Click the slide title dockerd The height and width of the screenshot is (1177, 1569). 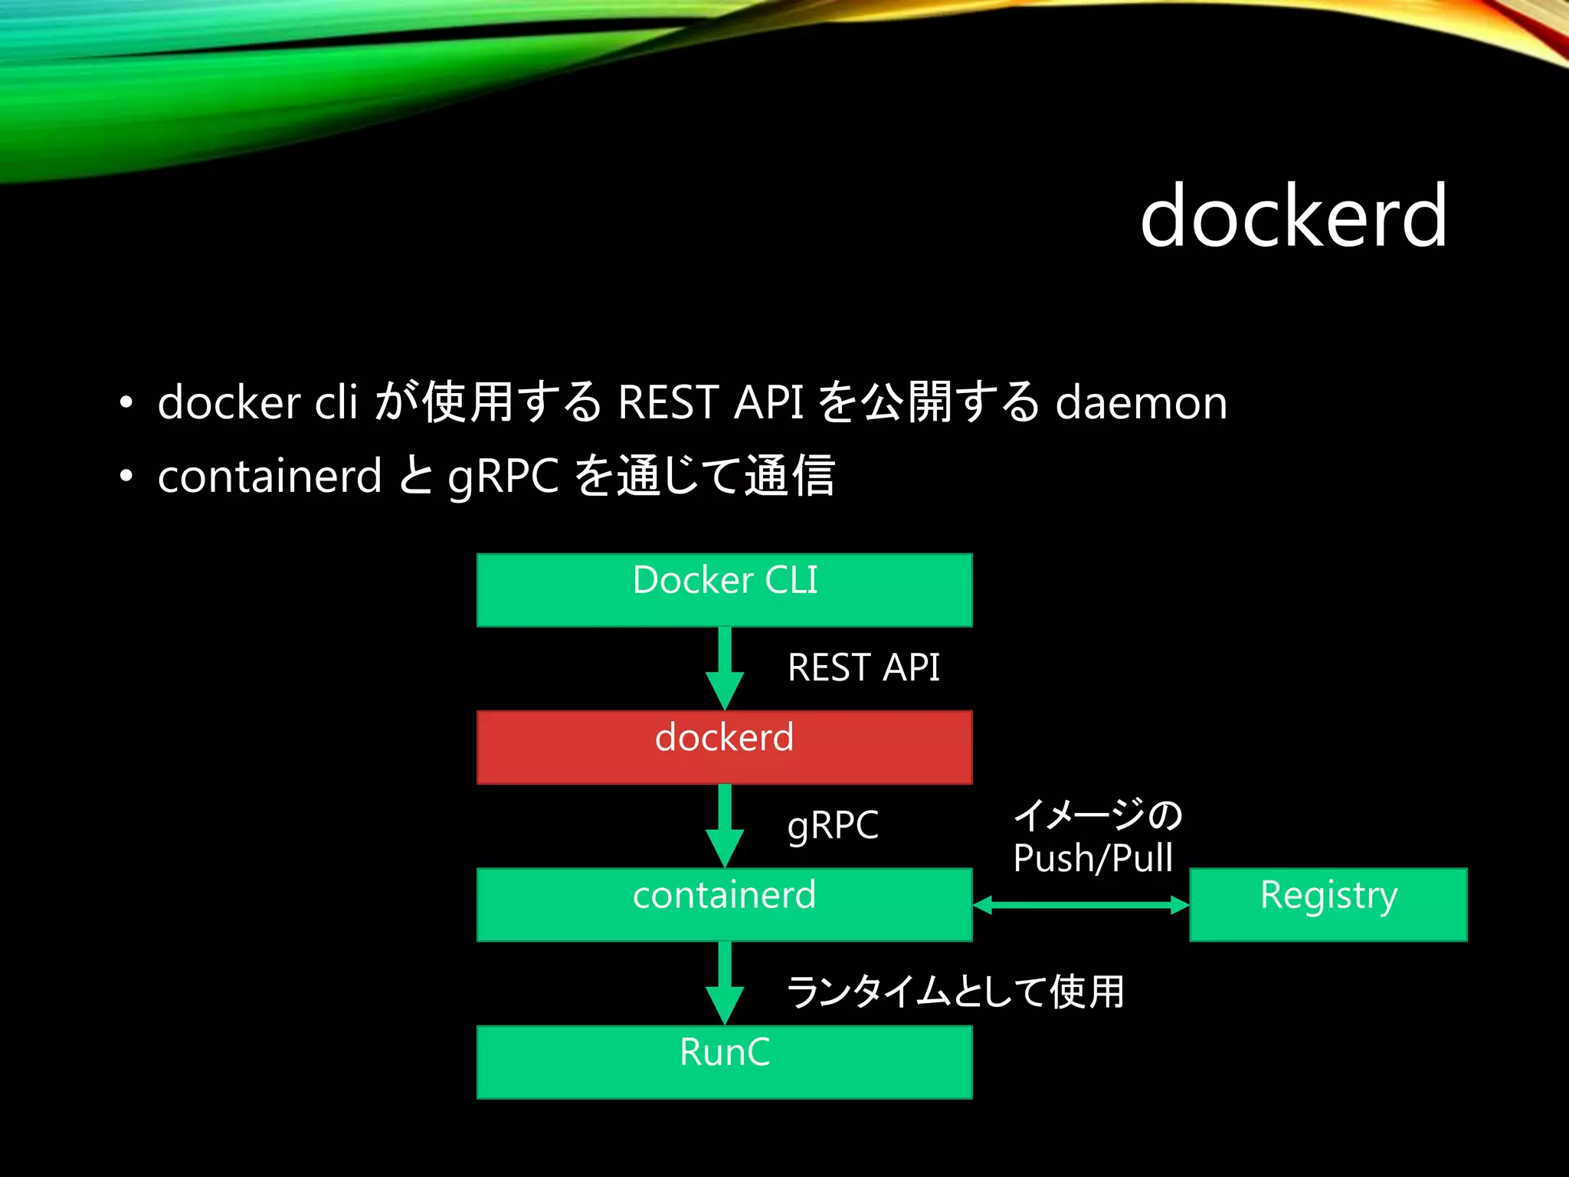1293,217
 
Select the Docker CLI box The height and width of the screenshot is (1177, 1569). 724,590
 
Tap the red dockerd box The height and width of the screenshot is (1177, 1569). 724,747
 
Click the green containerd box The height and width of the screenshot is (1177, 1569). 724,904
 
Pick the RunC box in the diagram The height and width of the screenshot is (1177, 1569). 724,1061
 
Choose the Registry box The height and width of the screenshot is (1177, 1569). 1328,904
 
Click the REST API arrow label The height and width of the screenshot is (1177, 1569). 863,667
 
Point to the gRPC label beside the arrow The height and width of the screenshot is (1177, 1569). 833,825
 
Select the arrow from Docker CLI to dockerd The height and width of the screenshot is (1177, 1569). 725,667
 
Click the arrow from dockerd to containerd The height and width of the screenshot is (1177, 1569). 725,825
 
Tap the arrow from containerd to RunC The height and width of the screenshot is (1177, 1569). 725,982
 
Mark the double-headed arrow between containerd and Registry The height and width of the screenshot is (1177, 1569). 1080,906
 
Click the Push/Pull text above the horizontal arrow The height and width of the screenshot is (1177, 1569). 1092,858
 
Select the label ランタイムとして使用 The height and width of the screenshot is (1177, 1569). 955,992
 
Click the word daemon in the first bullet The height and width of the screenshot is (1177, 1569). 1141,402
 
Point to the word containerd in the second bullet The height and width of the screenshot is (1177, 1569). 269,476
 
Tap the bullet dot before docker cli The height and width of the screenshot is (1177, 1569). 126,403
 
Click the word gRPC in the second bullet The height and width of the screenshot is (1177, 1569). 503,476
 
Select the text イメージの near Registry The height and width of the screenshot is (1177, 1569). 1098,815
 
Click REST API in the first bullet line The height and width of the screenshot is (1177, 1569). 710,402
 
